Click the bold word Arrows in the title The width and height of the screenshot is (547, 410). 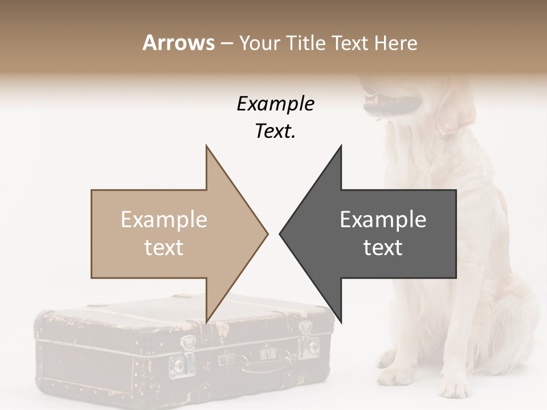178,43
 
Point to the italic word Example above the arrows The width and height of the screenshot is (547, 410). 275,104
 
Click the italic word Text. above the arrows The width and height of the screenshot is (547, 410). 275,131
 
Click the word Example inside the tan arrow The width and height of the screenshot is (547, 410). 164,220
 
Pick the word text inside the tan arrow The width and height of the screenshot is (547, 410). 164,248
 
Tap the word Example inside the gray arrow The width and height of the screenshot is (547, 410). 383,220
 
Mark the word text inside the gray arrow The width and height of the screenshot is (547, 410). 383,248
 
